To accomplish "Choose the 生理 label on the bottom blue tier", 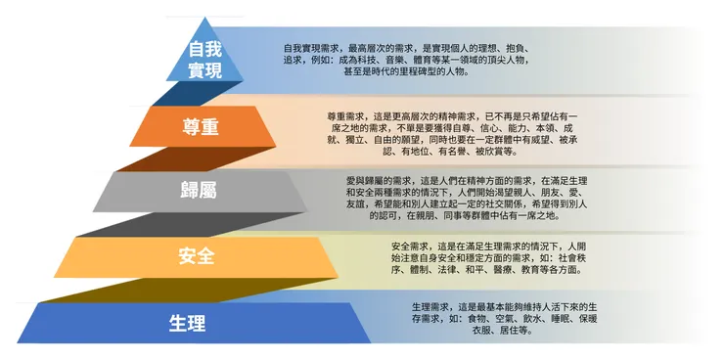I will [186, 323].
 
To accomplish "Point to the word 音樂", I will [409, 60].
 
